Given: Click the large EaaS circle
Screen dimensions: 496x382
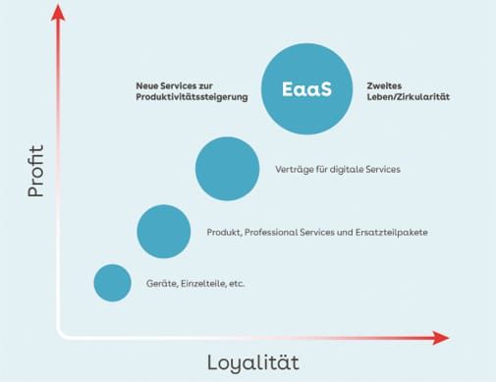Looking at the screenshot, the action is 306,89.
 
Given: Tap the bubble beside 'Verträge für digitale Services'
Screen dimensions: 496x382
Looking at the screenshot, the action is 227,169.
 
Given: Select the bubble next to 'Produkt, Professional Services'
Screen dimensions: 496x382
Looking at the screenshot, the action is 163,232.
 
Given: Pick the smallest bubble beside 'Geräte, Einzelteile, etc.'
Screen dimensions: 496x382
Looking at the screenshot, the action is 112,283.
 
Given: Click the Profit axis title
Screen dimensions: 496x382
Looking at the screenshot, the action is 36,173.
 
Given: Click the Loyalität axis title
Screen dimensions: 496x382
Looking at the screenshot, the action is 252,362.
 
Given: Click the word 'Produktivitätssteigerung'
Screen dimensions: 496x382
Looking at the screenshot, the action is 192,97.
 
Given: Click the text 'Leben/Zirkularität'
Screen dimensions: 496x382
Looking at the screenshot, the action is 408,97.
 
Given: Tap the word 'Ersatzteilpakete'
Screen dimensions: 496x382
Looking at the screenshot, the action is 394,233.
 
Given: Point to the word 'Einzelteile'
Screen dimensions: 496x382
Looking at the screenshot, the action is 198,284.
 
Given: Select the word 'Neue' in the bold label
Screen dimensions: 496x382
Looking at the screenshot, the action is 147,84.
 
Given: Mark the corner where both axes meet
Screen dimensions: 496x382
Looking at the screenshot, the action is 59,337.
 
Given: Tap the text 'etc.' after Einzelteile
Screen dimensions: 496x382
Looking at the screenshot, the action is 235,284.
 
